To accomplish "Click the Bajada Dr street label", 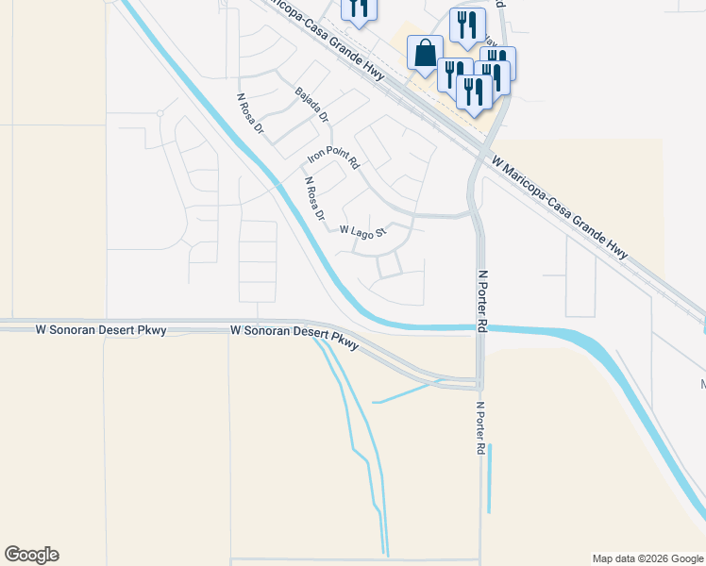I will point(311,105).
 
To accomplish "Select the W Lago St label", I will point(363,231).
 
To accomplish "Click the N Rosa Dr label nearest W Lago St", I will point(313,200).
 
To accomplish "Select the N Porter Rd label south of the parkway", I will point(481,429).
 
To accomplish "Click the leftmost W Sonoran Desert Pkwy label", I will point(101,330).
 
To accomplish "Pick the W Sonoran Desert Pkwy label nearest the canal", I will point(294,336).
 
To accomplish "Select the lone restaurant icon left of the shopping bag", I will point(358,8).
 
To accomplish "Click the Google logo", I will point(31,555).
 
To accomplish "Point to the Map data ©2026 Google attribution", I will point(647,558).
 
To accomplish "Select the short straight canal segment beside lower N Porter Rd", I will point(489,478).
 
